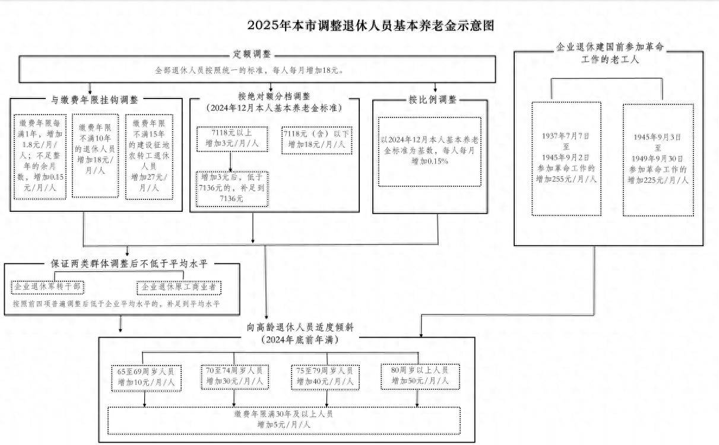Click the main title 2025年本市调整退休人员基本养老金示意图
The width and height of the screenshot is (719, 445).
point(370,26)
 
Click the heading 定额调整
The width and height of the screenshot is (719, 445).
point(252,54)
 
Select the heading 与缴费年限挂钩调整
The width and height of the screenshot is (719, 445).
point(94,100)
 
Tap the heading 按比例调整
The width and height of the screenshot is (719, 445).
point(432,100)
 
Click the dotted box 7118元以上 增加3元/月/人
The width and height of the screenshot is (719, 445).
point(232,139)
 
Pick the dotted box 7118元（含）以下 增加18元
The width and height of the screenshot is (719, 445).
point(317,140)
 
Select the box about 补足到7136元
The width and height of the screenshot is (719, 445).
point(232,189)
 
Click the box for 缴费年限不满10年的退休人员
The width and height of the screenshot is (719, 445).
point(95,155)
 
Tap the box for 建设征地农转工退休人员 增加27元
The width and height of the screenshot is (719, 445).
point(149,157)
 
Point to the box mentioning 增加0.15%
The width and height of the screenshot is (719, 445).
point(429,151)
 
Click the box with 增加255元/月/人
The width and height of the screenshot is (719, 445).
point(566,159)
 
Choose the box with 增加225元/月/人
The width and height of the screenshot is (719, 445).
point(658,160)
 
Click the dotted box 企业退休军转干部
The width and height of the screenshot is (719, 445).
point(47,287)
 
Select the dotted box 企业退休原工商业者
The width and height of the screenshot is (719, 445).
point(179,288)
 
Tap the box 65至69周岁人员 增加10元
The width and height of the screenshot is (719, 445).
point(147,378)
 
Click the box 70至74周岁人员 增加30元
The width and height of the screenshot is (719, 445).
point(235,377)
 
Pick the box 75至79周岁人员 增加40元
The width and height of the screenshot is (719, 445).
point(325,377)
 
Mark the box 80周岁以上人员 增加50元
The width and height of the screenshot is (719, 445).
point(420,376)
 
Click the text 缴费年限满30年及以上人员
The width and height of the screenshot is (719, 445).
point(284,414)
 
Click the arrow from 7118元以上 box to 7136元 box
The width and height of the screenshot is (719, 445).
point(230,162)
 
